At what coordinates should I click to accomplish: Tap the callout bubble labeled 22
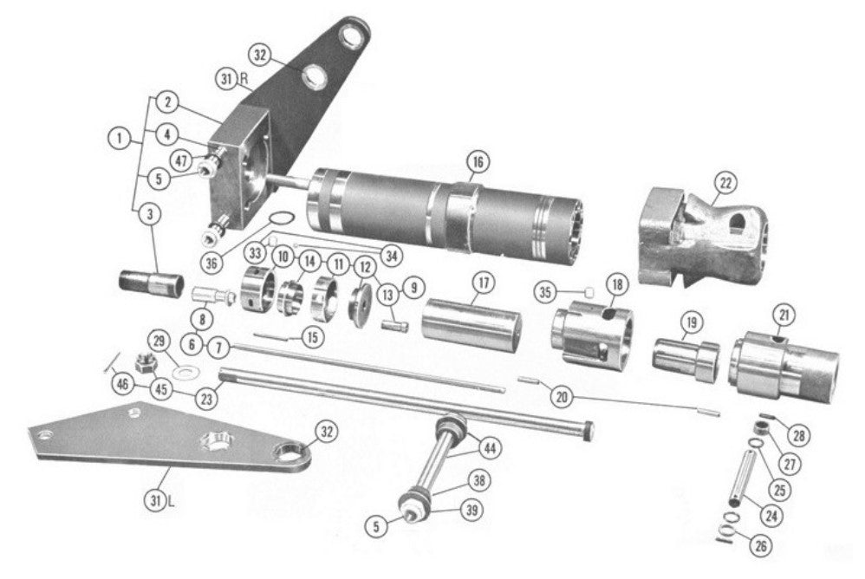725,182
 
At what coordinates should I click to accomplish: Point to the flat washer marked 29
184,372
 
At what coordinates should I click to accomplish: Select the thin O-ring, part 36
282,220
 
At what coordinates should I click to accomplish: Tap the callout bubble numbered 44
490,448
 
